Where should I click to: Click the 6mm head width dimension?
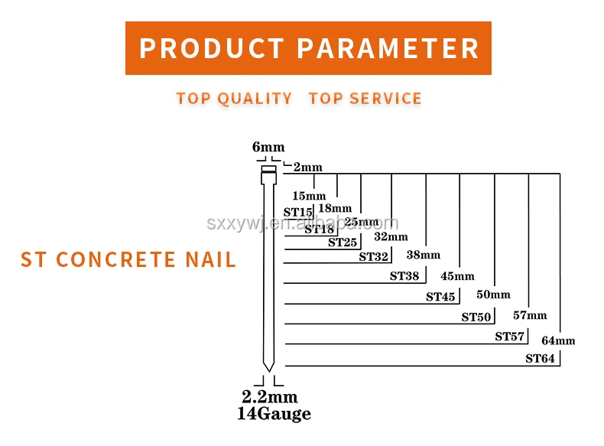[x=268, y=148]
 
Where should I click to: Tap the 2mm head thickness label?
[x=307, y=167]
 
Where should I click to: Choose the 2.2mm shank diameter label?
[x=269, y=398]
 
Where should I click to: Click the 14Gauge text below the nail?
[x=274, y=415]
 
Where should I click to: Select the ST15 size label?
[x=298, y=212]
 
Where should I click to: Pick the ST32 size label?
[x=374, y=257]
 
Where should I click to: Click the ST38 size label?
[x=404, y=276]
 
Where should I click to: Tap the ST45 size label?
[x=440, y=297]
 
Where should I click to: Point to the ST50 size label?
[x=476, y=317]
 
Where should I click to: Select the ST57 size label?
[x=509, y=337]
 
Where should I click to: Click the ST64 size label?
[x=540, y=359]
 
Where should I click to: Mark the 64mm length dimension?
[x=558, y=340]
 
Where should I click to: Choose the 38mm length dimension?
[x=423, y=255]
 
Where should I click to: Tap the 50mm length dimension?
[x=493, y=295]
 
